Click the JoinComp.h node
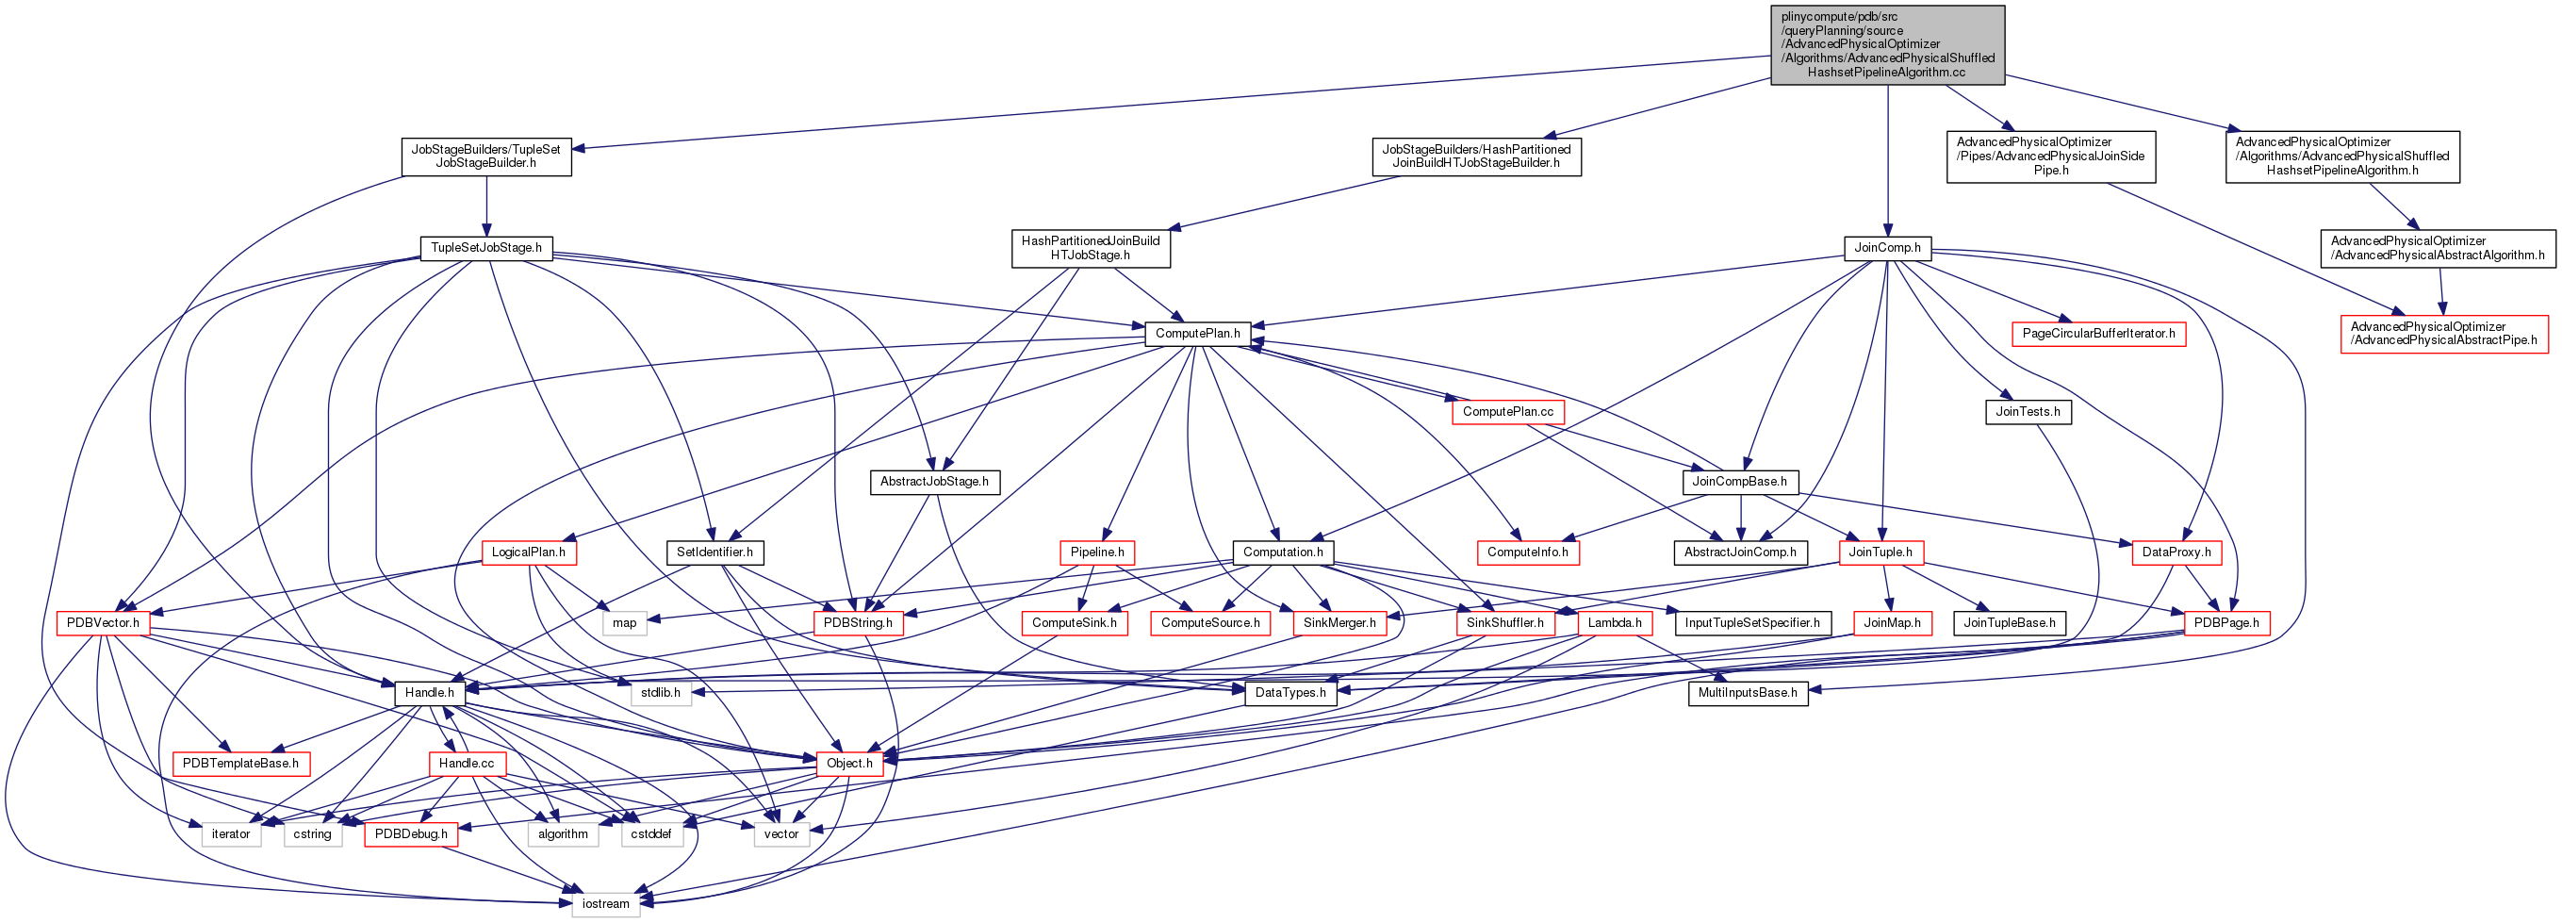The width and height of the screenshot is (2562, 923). (1887, 248)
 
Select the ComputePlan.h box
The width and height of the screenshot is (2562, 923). (1197, 333)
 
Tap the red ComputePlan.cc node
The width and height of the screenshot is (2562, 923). (1508, 412)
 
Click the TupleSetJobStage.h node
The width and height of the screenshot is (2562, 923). (485, 248)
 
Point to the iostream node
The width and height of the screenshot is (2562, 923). (606, 904)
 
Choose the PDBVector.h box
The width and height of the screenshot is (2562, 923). (104, 623)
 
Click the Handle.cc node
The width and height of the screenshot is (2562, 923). (467, 764)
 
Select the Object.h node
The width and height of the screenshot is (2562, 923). (849, 764)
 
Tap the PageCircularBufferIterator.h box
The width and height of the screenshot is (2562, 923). (2098, 333)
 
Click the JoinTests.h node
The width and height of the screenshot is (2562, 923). (2028, 412)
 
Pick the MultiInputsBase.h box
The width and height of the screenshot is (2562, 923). (1748, 693)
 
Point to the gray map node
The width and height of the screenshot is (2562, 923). (625, 623)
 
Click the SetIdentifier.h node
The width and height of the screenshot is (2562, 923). (714, 552)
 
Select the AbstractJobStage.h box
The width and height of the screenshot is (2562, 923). (934, 482)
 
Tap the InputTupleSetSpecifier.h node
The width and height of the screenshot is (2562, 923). (1752, 623)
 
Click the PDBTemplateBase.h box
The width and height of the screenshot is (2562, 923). (240, 764)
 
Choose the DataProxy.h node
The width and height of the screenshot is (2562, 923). (2176, 552)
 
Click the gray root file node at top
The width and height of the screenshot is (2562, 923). (1887, 44)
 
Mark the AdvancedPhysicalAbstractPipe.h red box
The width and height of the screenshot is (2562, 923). (2443, 333)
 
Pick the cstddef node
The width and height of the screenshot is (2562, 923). (651, 834)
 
